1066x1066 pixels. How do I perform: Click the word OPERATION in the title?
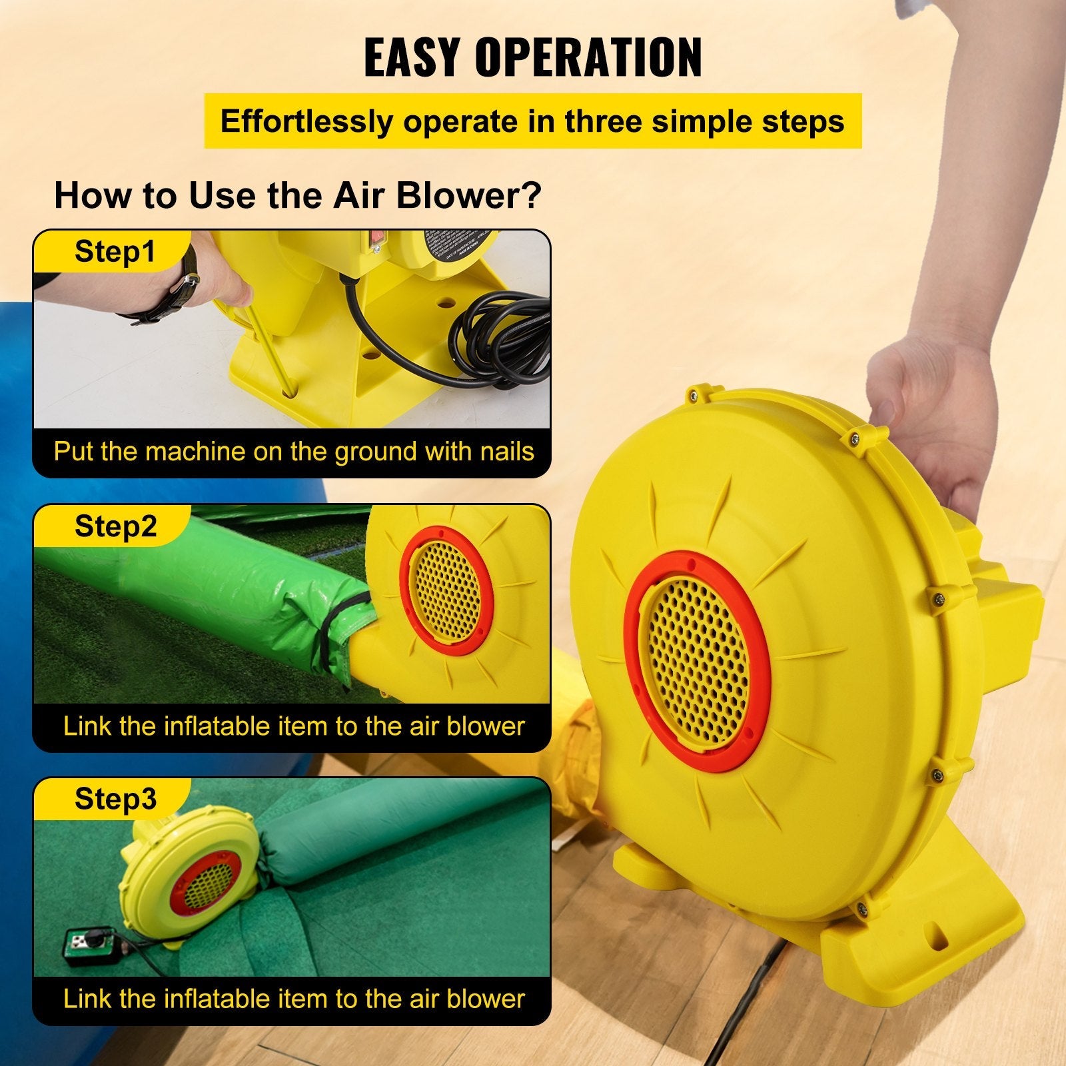click(x=588, y=57)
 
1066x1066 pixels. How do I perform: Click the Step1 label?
click(x=115, y=252)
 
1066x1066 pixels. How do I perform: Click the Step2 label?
click(x=115, y=526)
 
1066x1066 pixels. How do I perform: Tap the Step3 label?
click(x=115, y=799)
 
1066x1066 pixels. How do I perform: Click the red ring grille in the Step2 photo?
click(x=446, y=591)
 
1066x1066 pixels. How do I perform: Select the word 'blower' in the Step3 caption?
click(x=486, y=999)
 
